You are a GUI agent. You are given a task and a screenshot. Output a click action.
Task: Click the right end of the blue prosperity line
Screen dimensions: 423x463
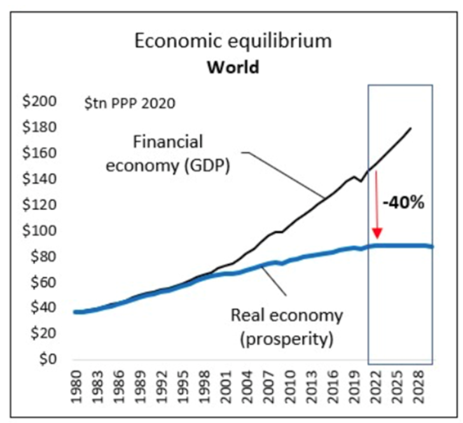[432, 247]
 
